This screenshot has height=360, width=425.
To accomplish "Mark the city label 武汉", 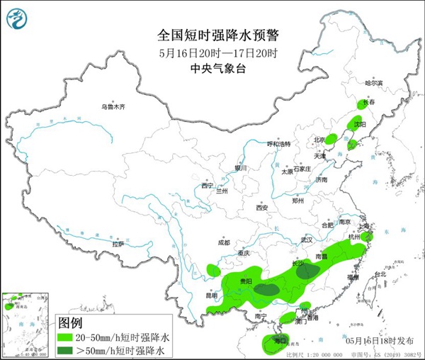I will pos(306,241).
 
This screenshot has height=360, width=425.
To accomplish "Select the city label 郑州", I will pos(300,201).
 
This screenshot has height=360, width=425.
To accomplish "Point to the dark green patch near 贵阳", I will pos(267,288).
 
